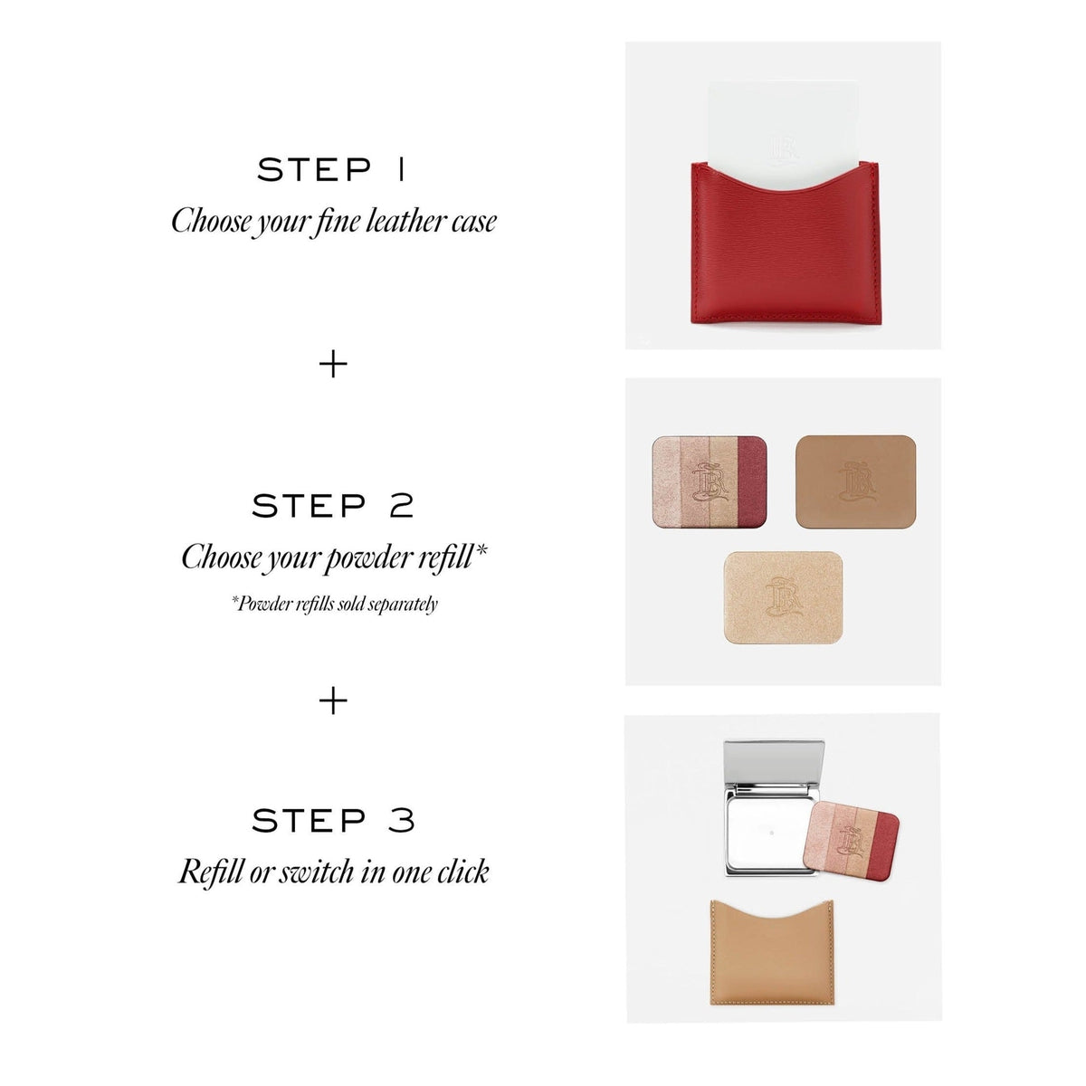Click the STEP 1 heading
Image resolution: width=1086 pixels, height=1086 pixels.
tap(331, 169)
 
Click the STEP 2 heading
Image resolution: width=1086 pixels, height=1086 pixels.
tap(332, 506)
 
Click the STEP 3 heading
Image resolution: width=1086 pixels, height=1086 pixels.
tap(333, 821)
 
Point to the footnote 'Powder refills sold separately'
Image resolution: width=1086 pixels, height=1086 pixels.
tap(334, 605)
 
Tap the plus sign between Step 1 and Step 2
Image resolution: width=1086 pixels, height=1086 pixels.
tap(333, 364)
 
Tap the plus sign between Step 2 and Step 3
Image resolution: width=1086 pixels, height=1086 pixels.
tap(333, 700)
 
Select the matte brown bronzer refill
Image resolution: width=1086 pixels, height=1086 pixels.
tap(855, 481)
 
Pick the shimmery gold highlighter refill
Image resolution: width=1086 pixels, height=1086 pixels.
tap(784, 597)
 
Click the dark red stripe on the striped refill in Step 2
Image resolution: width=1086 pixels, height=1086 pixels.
tap(752, 481)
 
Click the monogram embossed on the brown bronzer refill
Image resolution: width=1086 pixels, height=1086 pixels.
tap(857, 481)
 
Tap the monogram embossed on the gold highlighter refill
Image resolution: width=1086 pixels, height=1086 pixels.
tap(784, 596)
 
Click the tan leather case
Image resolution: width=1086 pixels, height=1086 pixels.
tap(772, 952)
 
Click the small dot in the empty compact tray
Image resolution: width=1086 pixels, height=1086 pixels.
tap(772, 833)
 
